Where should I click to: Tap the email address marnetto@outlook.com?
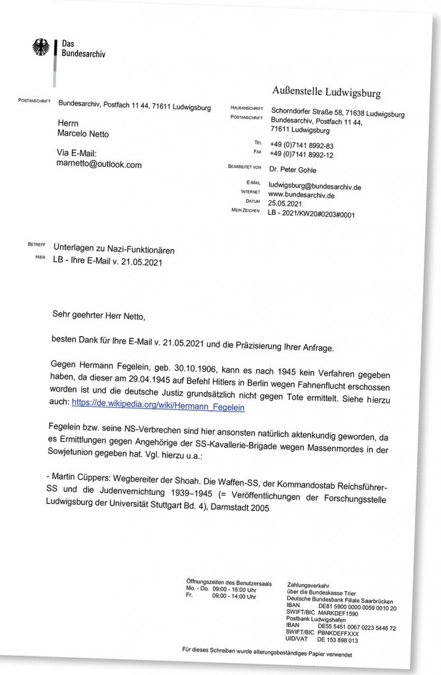coord(100,164)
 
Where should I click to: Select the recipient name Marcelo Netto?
coord(83,134)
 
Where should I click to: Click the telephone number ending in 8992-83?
coord(302,144)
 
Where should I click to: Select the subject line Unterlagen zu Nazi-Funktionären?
coord(114,250)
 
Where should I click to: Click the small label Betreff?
coord(36,245)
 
